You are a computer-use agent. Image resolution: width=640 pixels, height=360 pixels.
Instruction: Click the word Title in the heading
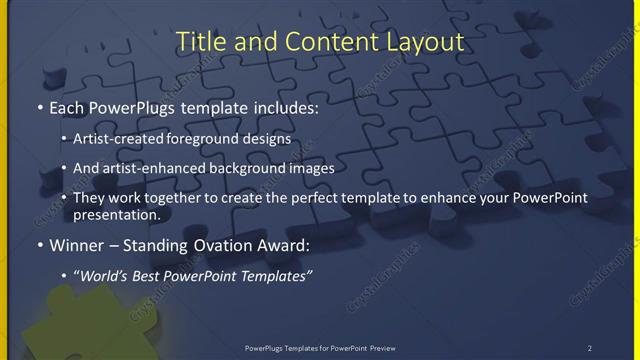click(199, 42)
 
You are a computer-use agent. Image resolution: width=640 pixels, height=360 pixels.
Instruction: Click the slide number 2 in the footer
click(590, 348)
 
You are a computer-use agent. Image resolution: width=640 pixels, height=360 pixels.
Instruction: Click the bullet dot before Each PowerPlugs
click(38, 106)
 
